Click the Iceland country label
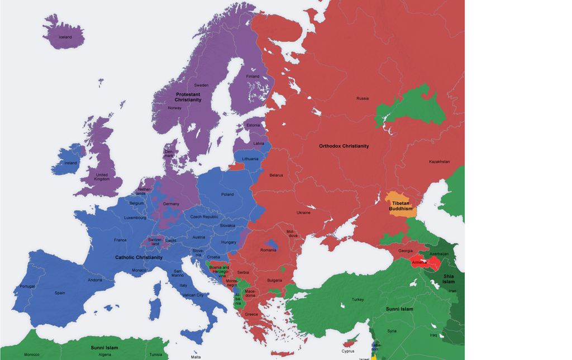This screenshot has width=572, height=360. tap(65, 37)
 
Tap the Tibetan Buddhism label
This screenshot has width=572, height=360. tap(402, 206)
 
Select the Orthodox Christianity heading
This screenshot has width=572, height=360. tap(344, 146)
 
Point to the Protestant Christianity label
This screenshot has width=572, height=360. tap(188, 97)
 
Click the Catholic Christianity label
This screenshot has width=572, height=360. tap(139, 257)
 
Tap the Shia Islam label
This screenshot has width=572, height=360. tap(449, 279)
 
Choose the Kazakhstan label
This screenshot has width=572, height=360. tap(439, 162)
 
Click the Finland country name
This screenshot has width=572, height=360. tap(253, 76)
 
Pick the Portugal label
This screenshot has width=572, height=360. tap(27, 286)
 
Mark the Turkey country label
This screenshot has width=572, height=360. tap(357, 300)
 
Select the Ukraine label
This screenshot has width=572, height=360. tap(303, 213)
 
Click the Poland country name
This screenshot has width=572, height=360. tap(227, 194)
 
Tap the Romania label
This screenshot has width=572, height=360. tap(268, 250)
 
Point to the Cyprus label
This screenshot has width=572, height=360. tap(348, 351)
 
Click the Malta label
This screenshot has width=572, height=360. tap(196, 357)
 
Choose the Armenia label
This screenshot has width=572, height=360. tap(420, 262)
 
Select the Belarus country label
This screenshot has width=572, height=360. tap(276, 175)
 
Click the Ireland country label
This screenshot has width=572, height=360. tap(70, 163)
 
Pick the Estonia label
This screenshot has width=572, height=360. tap(253, 125)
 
